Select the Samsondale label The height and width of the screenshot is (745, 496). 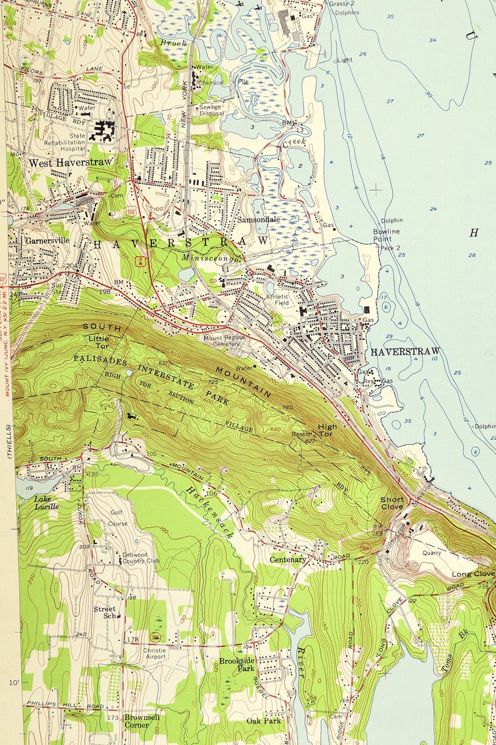(258, 220)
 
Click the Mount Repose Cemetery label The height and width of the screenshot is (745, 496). (222, 341)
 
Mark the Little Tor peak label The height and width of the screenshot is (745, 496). (98, 343)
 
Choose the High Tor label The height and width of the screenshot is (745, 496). (327, 431)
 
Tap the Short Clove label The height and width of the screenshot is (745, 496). (392, 504)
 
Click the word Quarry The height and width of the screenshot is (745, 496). (431, 552)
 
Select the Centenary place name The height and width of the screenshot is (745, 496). (288, 560)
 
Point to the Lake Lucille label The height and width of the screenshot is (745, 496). (47, 503)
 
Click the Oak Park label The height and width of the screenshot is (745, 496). (263, 721)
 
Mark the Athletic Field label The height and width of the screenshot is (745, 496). (278, 301)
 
